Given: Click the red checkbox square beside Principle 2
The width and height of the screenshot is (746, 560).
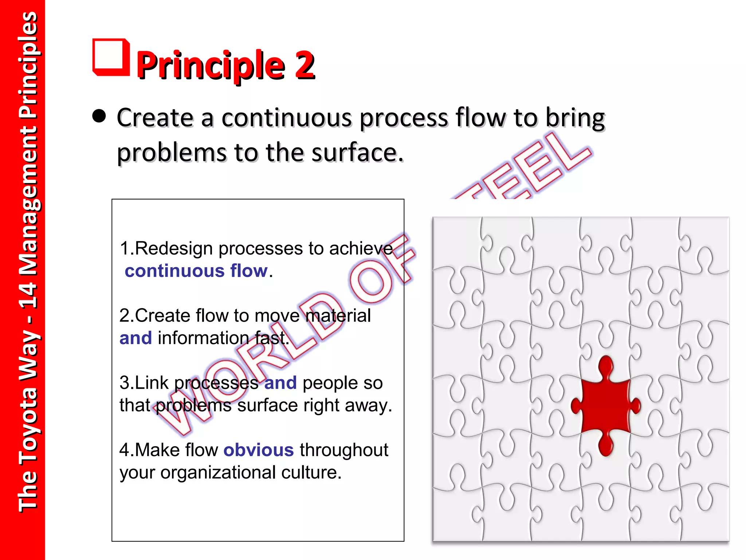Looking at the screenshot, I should [111, 57].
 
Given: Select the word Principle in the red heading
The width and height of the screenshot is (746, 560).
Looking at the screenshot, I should [211, 66].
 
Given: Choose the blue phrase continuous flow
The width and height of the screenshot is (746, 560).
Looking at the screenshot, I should [196, 271].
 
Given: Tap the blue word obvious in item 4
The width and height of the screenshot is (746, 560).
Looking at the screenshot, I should [258, 450].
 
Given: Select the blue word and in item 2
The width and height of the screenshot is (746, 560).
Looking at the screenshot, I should [136, 338].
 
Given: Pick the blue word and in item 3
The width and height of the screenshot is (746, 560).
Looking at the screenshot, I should [280, 383].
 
